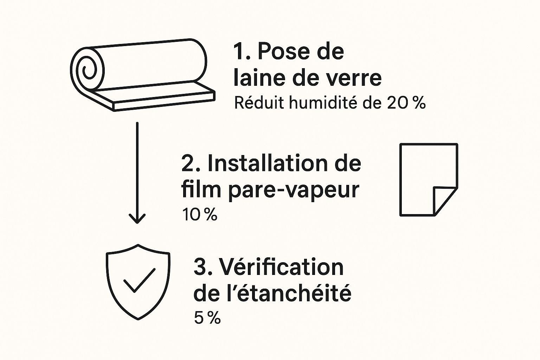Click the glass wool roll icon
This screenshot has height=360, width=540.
click(142, 75)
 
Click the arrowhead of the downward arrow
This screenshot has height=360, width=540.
click(137, 218)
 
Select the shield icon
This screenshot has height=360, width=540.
click(138, 282)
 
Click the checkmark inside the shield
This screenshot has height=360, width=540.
click(139, 280)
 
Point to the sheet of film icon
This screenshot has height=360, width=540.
click(429, 180)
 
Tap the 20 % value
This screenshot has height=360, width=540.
click(406, 103)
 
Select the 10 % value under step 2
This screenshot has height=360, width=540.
click(200, 214)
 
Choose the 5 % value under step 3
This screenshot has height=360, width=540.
click(207, 318)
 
